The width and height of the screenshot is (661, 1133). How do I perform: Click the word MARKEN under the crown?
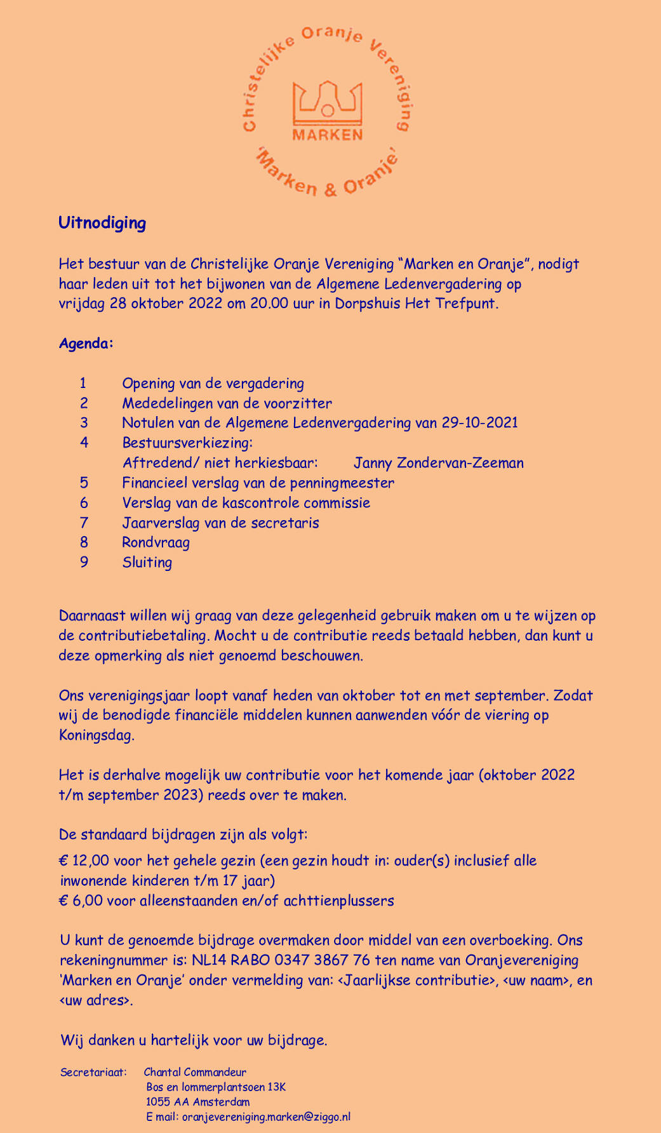[327, 135]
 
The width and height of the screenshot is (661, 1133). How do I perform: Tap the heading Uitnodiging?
[102, 223]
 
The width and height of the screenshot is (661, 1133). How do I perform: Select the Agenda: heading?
[86, 344]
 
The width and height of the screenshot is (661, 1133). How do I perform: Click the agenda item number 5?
[83, 483]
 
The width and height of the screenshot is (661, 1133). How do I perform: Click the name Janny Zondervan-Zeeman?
[439, 463]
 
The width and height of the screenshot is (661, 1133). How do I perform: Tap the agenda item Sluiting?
[147, 563]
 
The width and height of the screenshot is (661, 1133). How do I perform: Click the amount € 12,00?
[83, 861]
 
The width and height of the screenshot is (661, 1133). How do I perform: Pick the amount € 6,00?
[79, 901]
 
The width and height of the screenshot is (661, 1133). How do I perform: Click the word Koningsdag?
[96, 736]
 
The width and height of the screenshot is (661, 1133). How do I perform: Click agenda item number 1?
[83, 383]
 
